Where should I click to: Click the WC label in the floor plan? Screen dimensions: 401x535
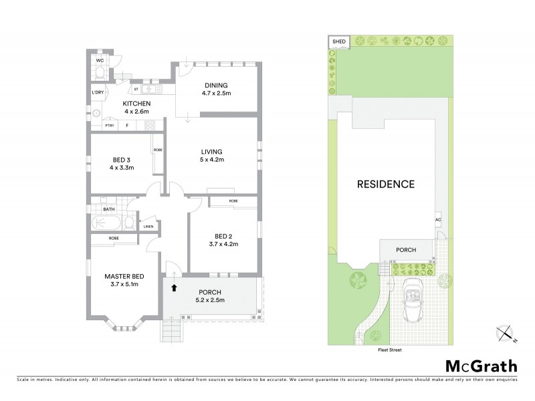point(100,60)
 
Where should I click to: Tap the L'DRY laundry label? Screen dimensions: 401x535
point(98,92)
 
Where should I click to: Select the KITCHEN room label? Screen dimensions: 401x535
point(136,104)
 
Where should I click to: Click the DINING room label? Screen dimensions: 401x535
point(217,85)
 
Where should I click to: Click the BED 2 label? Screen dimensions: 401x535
point(223,236)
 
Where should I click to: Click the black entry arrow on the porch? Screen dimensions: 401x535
point(175,289)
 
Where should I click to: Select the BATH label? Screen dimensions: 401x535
point(108,209)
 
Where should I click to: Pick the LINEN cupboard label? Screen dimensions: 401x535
point(148,227)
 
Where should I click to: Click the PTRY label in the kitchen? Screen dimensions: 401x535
point(109,125)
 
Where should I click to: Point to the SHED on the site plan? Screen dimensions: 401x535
point(338,43)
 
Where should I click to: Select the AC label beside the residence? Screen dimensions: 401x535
point(438,219)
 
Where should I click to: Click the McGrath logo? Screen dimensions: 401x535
point(480,366)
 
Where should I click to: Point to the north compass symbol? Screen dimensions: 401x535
point(505,334)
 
